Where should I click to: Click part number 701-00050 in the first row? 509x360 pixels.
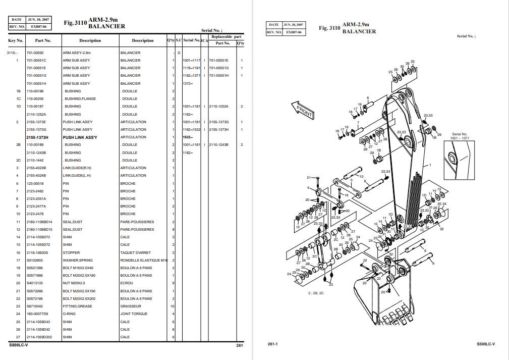tap(35, 53)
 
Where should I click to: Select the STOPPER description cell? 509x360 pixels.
tap(71, 252)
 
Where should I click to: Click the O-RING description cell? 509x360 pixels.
tap(69, 314)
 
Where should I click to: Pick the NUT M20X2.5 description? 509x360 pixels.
tap(74, 283)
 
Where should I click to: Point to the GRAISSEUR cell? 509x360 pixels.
tap(130, 306)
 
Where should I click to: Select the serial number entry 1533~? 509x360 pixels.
tap(188, 137)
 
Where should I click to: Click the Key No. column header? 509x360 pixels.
tap(16, 40)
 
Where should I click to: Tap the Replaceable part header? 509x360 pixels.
tap(227, 37)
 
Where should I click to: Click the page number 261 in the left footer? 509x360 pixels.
tap(240, 345)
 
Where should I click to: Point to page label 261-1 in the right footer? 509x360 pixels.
tap(273, 344)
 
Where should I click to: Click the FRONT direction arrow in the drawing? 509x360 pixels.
tap(303, 110)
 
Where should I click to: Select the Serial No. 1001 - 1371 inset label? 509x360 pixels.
tap(460, 136)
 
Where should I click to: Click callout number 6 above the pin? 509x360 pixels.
tap(368, 98)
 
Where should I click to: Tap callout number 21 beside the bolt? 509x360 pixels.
tap(309, 178)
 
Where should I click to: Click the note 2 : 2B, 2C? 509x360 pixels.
tap(316, 293)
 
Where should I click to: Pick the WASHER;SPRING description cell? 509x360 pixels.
tap(78, 261)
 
